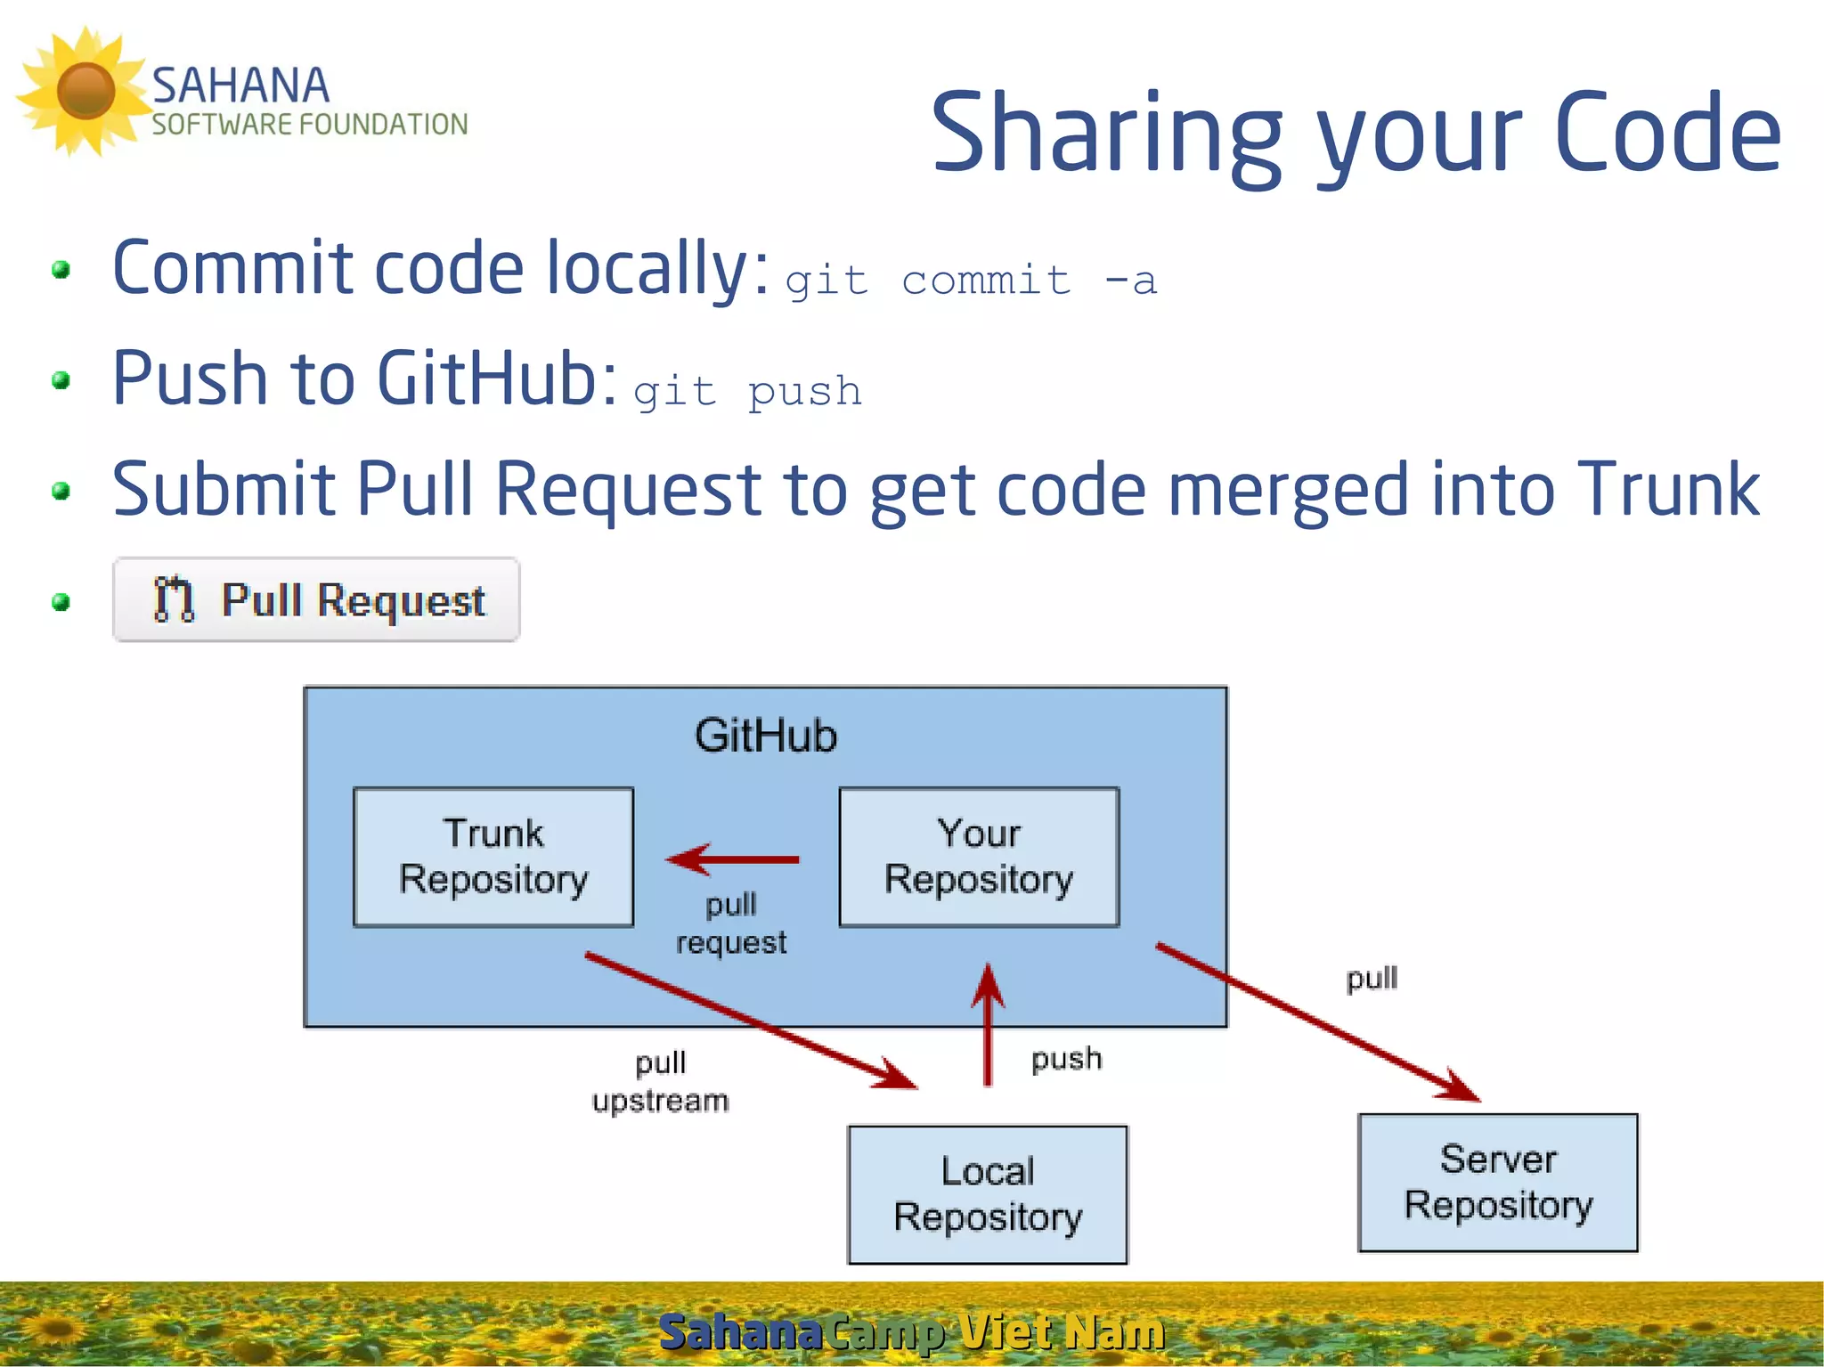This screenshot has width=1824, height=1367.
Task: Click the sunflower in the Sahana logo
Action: pyautogui.click(x=85, y=91)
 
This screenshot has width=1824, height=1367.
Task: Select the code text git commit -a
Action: pyautogui.click(x=971, y=281)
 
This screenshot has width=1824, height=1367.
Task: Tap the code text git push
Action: pyautogui.click(x=747, y=392)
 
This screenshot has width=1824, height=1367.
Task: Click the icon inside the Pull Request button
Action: pyautogui.click(x=174, y=599)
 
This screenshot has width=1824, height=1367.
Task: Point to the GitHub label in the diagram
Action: pyautogui.click(x=765, y=736)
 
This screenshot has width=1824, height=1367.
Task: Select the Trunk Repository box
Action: pyautogui.click(x=493, y=857)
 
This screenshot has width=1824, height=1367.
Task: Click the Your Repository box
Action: pyautogui.click(x=979, y=857)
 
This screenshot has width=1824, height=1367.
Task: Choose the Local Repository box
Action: pyautogui.click(x=988, y=1194)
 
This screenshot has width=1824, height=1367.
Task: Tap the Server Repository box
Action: pyautogui.click(x=1498, y=1182)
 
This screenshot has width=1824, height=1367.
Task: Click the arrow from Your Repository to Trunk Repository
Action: pyautogui.click(x=733, y=859)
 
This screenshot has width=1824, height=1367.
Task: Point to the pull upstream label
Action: pyautogui.click(x=660, y=1081)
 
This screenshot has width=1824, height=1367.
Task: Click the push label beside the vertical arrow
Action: pyautogui.click(x=1066, y=1059)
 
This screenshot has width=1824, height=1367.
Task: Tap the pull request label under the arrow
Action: pyautogui.click(x=731, y=924)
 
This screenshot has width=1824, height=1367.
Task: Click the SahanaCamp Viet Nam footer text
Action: pyautogui.click(x=911, y=1332)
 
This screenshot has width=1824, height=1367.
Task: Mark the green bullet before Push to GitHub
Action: pyautogui.click(x=61, y=381)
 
